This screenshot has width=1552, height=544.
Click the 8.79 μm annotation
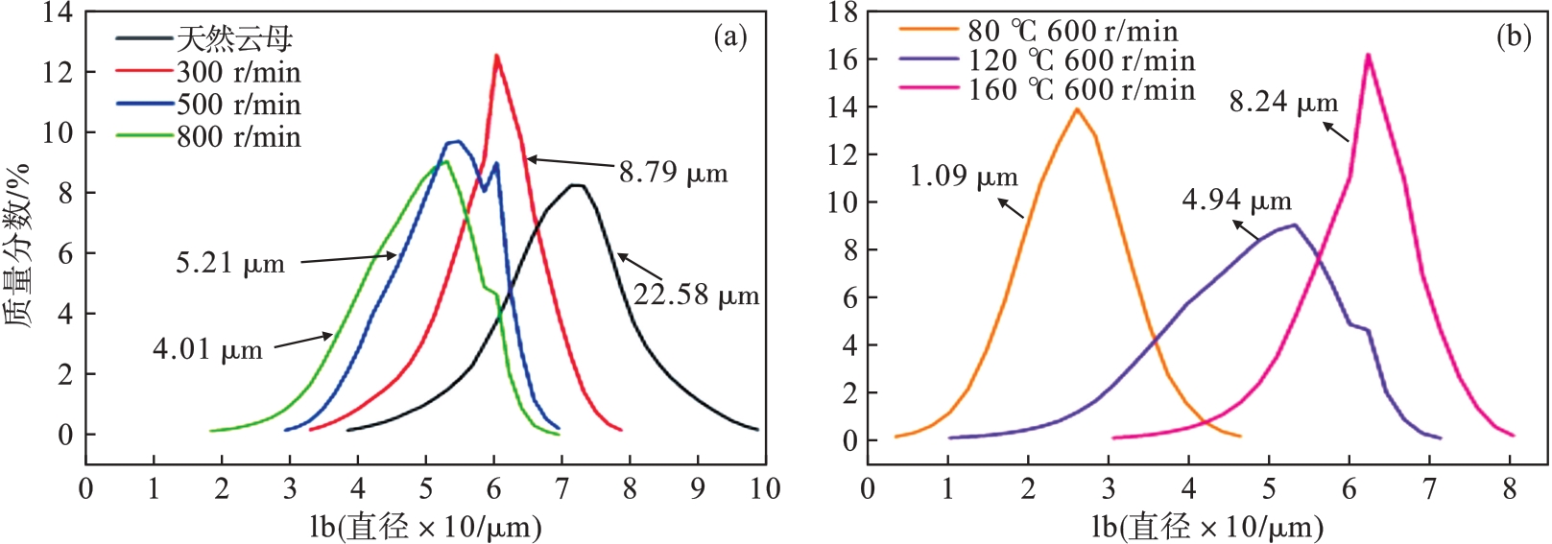point(673,173)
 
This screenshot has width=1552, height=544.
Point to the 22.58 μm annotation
point(696,295)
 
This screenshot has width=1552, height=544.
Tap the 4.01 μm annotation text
point(207,348)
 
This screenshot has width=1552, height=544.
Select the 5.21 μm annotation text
point(230,263)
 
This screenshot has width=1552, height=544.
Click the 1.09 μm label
point(964,177)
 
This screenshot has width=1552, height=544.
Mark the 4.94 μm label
point(1236,201)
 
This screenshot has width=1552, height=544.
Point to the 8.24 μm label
point(1283,102)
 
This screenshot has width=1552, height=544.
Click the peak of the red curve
point(496,56)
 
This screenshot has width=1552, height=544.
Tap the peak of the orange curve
point(1077,109)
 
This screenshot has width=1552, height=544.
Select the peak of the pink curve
point(1367,55)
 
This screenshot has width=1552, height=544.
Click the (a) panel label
point(729,36)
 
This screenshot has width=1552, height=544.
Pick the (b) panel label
point(1514,36)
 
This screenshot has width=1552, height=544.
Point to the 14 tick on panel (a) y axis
point(58,12)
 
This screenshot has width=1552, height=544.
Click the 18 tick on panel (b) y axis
point(842,12)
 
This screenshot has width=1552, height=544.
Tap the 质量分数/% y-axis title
point(18,246)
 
